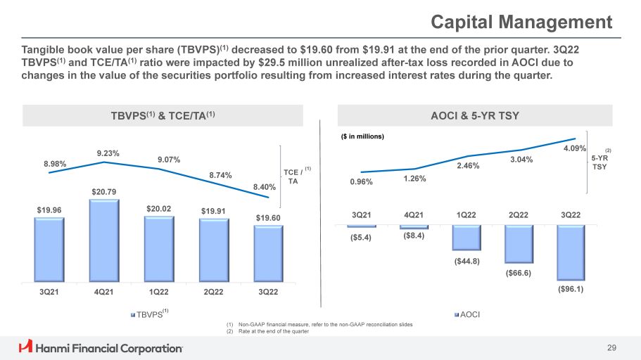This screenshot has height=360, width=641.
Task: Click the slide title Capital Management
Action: pos(521,22)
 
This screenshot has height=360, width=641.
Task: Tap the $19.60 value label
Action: pos(267,218)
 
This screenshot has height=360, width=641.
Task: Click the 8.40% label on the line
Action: pos(265,188)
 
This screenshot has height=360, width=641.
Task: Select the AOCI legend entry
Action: pos(468,314)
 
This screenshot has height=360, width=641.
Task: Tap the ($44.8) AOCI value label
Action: pos(467,262)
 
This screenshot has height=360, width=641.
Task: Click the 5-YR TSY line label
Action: pos(599,162)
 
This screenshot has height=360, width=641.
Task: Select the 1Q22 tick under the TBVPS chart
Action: pos(159,292)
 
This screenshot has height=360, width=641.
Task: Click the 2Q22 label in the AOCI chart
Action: pos(518,214)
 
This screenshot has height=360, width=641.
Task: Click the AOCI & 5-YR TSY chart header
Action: pos(477,115)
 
